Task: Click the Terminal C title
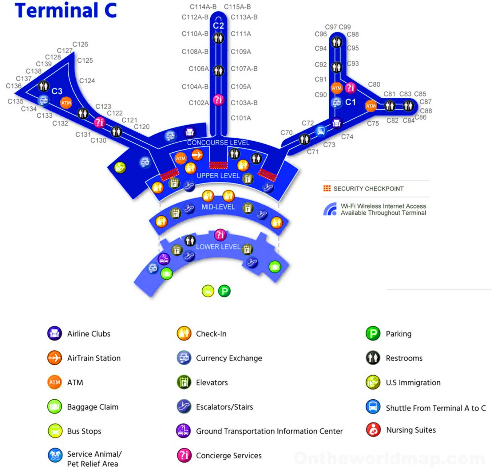(66, 10)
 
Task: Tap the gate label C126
(80, 44)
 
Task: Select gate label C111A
(241, 34)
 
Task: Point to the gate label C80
(374, 84)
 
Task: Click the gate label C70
(286, 133)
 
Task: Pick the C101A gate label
(241, 118)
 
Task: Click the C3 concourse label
(57, 91)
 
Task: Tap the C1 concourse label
(350, 102)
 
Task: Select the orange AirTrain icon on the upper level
(197, 155)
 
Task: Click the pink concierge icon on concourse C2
(218, 100)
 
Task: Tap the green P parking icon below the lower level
(224, 291)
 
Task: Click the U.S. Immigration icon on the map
(120, 167)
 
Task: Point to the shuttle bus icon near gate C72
(321, 131)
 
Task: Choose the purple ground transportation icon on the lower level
(164, 259)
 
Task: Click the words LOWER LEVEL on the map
(218, 247)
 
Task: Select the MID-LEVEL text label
(218, 207)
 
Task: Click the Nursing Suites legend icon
(373, 430)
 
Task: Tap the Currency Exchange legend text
(229, 358)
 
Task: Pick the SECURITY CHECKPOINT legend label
(368, 189)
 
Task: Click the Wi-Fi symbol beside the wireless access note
(330, 209)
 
